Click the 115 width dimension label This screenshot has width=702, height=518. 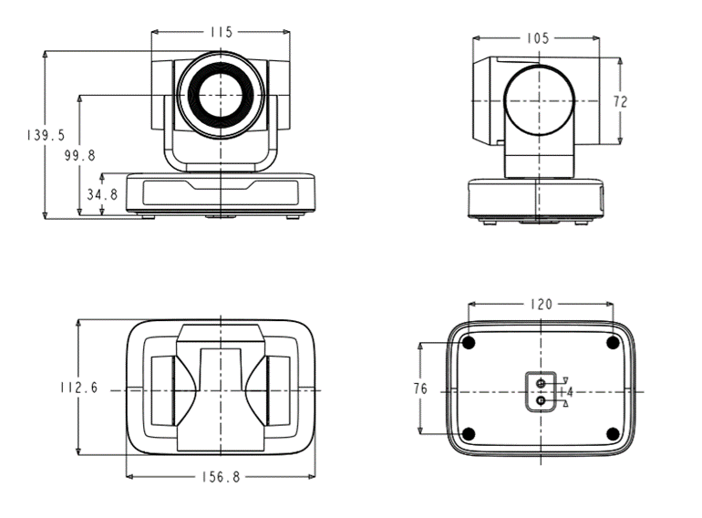pyautogui.click(x=222, y=32)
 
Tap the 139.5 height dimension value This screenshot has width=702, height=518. pyautogui.click(x=46, y=135)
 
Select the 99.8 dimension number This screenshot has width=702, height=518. pyautogui.click(x=79, y=155)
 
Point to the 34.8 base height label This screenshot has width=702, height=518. pyautogui.click(x=102, y=194)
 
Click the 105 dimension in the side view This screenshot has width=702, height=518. pyautogui.click(x=537, y=38)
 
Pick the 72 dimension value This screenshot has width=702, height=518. pyautogui.click(x=621, y=102)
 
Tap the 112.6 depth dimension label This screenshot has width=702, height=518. pyautogui.click(x=78, y=388)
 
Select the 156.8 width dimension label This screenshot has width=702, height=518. pyautogui.click(x=221, y=477)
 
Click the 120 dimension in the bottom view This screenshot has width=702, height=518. pyautogui.click(x=542, y=305)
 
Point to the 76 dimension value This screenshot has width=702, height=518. pyautogui.click(x=420, y=388)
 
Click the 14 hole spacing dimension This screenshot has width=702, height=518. pyautogui.click(x=567, y=392)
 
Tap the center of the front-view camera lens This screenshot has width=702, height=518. pyautogui.click(x=221, y=95)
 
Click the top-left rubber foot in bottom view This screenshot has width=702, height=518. pyautogui.click(x=469, y=344)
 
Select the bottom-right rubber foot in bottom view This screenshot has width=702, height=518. pyautogui.click(x=613, y=434)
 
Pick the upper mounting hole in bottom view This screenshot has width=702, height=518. pyautogui.click(x=542, y=383)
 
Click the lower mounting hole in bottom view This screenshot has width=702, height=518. pyautogui.click(x=542, y=400)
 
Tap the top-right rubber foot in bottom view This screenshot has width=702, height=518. pyautogui.click(x=613, y=344)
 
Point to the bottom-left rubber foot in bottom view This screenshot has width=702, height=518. pyautogui.click(x=469, y=434)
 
